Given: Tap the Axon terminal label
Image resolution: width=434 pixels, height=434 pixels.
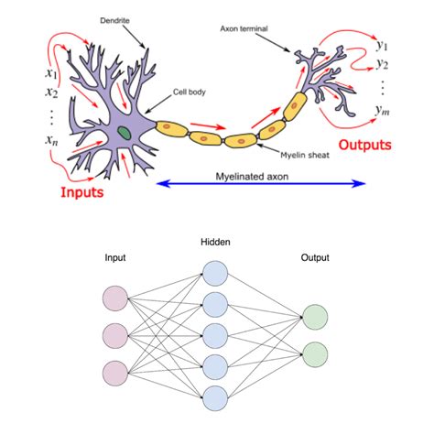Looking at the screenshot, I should [245, 28].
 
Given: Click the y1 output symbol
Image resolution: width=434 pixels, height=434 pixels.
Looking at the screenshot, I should [382, 46].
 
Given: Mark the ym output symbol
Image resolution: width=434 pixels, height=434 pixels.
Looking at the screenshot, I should [383, 110].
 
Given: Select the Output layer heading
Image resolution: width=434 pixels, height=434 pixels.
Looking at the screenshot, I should [316, 258].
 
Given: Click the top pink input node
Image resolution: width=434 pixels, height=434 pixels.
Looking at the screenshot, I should [116, 299].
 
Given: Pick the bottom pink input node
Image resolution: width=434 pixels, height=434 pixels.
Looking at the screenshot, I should [116, 373].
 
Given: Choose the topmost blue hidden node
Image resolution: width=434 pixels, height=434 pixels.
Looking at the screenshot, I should [214, 273].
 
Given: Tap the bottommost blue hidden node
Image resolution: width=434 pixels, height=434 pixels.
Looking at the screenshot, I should [214, 396].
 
